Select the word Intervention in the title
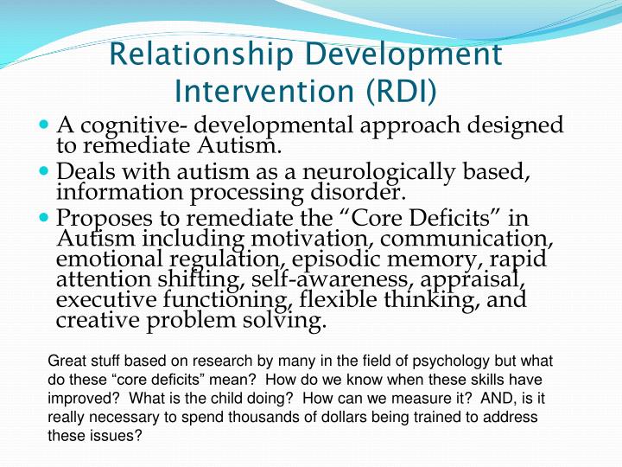[x=252, y=90]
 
